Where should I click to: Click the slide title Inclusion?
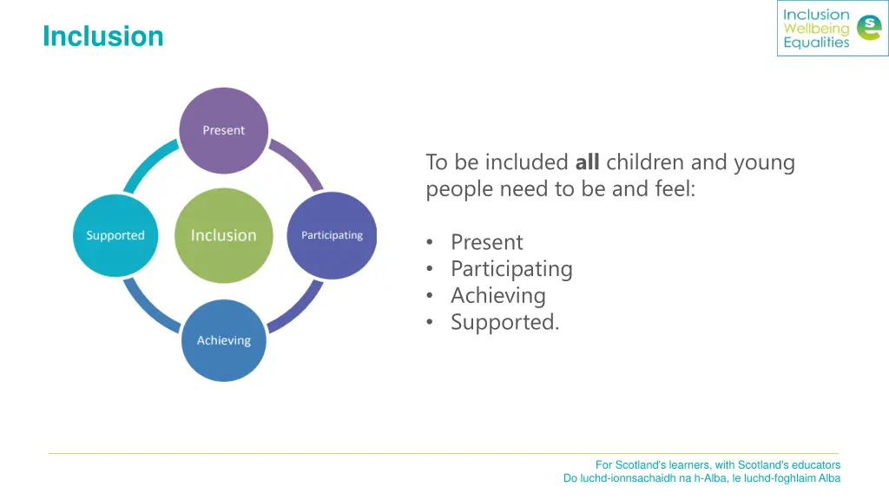(x=102, y=36)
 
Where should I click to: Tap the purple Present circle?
(x=224, y=130)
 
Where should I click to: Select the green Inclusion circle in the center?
(x=224, y=235)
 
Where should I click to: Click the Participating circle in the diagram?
(x=332, y=235)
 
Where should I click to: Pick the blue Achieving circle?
(x=224, y=340)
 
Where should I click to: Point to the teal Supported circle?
(x=115, y=235)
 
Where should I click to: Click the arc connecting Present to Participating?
(x=300, y=163)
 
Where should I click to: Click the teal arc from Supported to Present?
(x=148, y=163)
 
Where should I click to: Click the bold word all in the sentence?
(x=587, y=162)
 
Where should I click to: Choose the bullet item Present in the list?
(x=486, y=242)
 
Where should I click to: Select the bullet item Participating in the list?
(x=511, y=269)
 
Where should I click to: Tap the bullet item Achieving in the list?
(x=497, y=296)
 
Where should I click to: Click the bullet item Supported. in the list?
(x=504, y=323)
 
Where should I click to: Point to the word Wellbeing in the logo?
(x=815, y=29)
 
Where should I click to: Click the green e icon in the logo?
(x=867, y=29)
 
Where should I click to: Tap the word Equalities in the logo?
(x=815, y=43)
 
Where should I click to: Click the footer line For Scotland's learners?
(x=717, y=464)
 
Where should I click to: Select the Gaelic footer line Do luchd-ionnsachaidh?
(x=701, y=478)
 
